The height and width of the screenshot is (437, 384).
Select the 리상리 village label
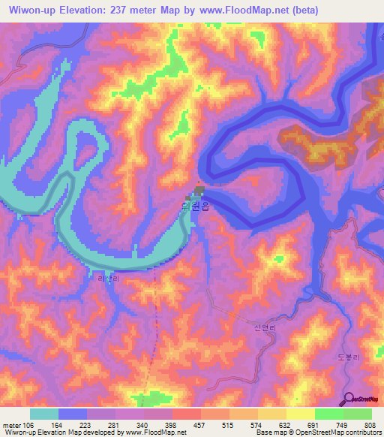pyautogui.click(x=108, y=279)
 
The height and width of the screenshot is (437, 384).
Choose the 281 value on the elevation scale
pyautogui.click(x=115, y=424)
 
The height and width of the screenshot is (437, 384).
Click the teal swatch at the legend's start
pyautogui.click(x=44, y=414)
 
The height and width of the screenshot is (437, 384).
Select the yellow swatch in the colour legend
pyautogui.click(x=301, y=414)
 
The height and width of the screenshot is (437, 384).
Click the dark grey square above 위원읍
pyautogui.click(x=199, y=190)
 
